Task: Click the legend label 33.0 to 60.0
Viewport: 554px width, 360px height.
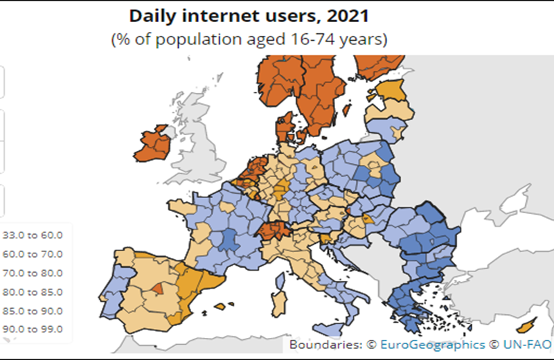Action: click(x=33, y=235)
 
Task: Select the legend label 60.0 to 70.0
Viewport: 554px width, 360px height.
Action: click(x=33, y=254)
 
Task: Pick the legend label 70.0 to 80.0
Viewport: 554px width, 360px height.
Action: click(x=33, y=273)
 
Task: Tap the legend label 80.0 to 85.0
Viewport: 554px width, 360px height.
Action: click(x=33, y=291)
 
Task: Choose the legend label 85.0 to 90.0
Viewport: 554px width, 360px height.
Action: click(x=33, y=310)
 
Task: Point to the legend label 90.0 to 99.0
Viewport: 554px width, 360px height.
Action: click(x=33, y=329)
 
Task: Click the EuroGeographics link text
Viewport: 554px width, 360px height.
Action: click(x=431, y=344)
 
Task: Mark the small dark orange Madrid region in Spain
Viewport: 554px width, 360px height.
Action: click(x=159, y=287)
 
